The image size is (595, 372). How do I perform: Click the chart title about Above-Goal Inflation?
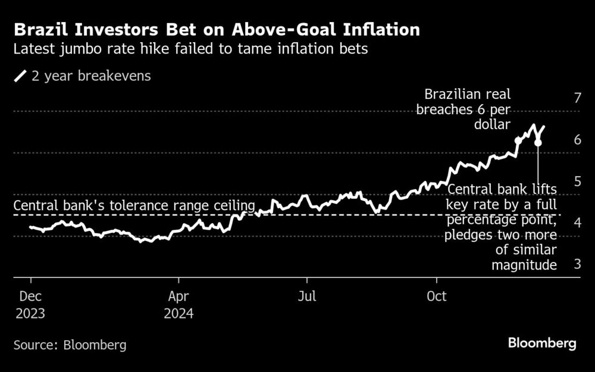coord(218,30)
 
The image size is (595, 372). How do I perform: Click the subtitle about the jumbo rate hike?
coord(191,49)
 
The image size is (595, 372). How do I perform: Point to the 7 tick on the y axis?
coord(577,98)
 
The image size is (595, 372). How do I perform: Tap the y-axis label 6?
coord(577,140)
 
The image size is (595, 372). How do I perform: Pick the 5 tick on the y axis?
coord(577,181)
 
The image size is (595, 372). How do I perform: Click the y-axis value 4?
coord(577,223)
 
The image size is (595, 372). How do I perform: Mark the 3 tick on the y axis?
coord(577,264)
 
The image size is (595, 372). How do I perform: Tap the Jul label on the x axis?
coord(306,296)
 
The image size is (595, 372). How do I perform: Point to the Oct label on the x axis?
coord(437,296)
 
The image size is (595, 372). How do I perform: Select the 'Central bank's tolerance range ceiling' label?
coord(134,206)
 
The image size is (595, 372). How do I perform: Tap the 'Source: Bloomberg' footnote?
coord(70,345)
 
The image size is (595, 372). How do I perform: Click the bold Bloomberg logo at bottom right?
coord(542,343)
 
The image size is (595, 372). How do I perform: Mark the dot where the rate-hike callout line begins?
coord(538,143)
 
